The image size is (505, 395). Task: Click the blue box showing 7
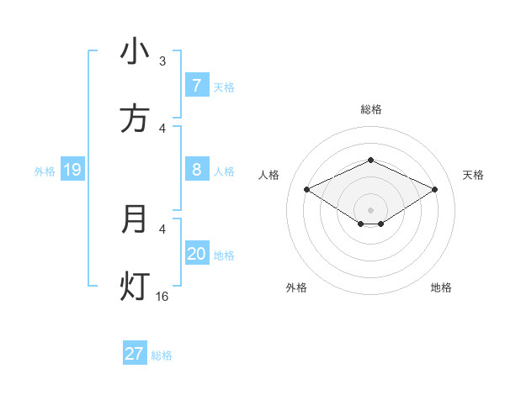point(196,86)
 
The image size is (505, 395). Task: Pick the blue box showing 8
point(196,171)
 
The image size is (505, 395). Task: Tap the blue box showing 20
point(196,255)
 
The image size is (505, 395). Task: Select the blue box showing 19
point(72,171)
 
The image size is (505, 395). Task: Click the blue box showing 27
point(135,354)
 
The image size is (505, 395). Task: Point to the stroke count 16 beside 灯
point(162,296)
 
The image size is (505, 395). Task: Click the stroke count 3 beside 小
point(162,61)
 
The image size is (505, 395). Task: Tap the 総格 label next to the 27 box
point(162,355)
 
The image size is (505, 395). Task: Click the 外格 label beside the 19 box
point(45,171)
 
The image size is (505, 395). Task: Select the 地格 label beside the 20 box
point(224,255)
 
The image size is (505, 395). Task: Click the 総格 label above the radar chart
point(370,109)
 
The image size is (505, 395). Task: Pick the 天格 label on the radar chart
point(473,175)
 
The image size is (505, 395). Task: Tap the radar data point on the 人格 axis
point(306,189)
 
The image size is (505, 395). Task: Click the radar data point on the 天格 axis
point(434,189)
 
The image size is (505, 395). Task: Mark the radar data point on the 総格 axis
point(370,160)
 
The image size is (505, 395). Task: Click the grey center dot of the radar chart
point(370,209)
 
